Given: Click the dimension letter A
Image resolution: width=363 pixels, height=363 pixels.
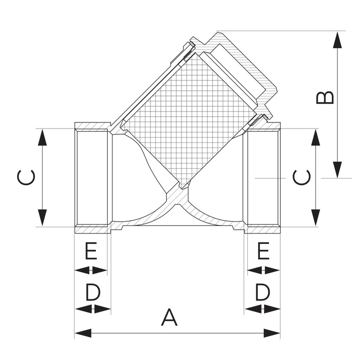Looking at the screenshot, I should pos(169,317).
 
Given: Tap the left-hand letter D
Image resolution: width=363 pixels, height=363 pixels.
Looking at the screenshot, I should pos(93,293).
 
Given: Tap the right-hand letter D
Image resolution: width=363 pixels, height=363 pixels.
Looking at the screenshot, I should pos(262,293).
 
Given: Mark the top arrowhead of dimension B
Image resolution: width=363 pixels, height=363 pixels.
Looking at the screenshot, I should pos(337,40).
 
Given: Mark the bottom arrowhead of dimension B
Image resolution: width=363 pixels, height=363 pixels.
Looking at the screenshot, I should pos(337,170).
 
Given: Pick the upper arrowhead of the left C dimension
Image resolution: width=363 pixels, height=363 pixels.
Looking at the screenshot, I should pos(43,138).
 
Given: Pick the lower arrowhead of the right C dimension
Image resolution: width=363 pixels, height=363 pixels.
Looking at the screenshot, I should pos(314,217).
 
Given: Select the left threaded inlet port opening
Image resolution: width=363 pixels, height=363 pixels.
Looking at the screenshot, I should pos(92,177).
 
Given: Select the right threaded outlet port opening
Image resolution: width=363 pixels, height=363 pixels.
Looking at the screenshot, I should pos(262,177).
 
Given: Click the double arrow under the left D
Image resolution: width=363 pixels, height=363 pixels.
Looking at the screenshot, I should pos(93,309).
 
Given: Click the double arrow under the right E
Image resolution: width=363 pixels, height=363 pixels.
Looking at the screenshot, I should pos(263,270).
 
